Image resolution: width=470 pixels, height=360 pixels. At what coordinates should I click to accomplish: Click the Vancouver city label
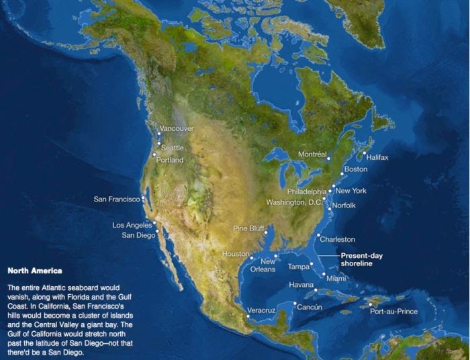coord(177,128)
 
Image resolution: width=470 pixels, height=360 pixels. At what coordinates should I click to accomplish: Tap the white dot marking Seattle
coord(159,144)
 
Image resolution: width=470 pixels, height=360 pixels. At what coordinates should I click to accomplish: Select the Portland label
coord(170,160)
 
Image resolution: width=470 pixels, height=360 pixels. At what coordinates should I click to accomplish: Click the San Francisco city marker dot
coord(143,199)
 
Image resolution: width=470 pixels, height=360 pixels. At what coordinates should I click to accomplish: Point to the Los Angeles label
coord(132,225)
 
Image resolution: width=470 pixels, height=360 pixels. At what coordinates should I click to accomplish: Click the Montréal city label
coord(312,154)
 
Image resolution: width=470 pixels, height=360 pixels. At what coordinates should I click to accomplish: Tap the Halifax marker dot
coord(365,153)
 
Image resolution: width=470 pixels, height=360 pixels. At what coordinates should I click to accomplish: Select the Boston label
coord(355,169)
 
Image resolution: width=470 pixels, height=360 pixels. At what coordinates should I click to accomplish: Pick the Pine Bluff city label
coord(248,228)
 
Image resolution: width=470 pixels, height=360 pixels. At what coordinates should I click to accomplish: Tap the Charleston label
coord(337,239)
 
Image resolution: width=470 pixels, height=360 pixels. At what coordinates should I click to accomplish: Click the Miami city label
coord(336,278)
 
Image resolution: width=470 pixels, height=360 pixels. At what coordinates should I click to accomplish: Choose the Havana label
coord(301,285)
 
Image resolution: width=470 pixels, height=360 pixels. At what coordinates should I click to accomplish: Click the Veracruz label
coord(262,310)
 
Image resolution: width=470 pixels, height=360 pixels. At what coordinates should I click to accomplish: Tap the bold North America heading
coord(34,271)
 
